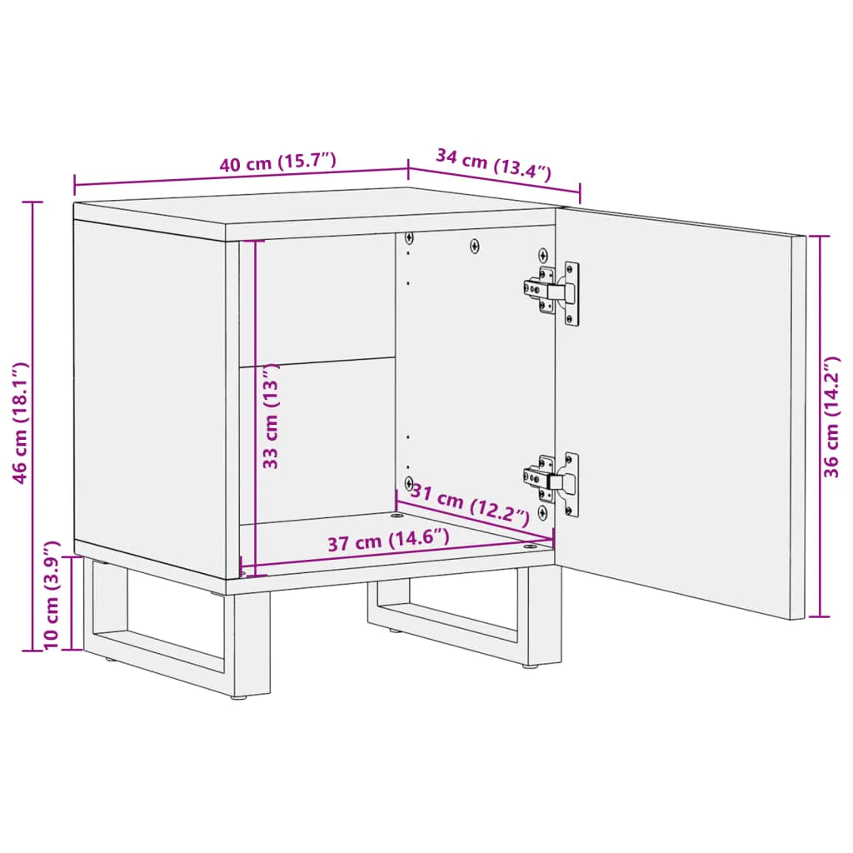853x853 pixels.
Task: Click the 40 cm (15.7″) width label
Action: coord(277,162)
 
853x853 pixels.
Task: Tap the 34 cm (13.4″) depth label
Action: coord(493,163)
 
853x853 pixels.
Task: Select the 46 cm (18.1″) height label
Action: coord(20,422)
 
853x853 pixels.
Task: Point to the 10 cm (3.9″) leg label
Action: coord(51,595)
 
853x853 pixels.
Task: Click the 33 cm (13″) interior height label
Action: coord(271,416)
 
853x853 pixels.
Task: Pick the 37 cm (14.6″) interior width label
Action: coord(388,540)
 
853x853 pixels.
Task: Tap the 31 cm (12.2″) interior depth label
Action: coord(470,505)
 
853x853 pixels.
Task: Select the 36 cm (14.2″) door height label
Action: coord(831,417)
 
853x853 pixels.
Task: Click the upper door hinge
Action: coord(551,292)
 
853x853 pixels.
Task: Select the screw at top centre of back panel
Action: coord(475,247)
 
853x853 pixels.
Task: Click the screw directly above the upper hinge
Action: coord(543,255)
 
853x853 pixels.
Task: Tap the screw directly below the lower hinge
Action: coord(542,512)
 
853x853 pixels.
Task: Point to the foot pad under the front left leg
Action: coord(238,697)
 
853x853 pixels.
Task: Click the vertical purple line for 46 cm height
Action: coord(32,426)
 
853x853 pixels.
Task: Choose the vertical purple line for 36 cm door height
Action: coord(820,426)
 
